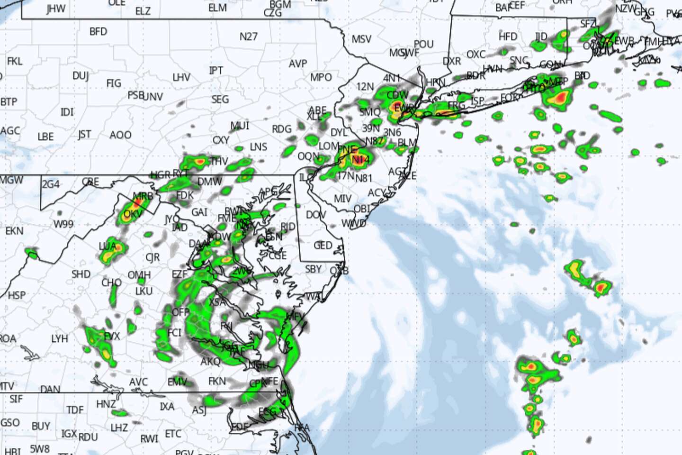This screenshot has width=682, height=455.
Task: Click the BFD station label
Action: (x=98, y=32)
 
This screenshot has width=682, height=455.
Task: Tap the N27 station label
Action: (x=249, y=36)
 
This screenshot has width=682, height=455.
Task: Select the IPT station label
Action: (x=216, y=71)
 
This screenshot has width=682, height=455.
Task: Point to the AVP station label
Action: (x=298, y=64)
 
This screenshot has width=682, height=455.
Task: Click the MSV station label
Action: (x=361, y=39)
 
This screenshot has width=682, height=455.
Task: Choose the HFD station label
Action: (x=508, y=36)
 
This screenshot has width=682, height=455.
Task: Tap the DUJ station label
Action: (x=81, y=76)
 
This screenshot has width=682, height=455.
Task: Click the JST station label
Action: (x=84, y=135)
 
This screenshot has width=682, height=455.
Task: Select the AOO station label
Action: (x=120, y=136)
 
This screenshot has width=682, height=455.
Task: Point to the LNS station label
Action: (x=259, y=147)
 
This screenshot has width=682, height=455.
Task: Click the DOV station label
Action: (x=316, y=215)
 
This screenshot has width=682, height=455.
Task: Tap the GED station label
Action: (x=323, y=246)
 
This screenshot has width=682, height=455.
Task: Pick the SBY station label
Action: (x=313, y=269)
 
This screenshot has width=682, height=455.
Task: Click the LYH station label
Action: (x=60, y=339)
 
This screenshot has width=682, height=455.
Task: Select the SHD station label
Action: (x=81, y=274)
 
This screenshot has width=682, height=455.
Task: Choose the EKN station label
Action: (x=14, y=231)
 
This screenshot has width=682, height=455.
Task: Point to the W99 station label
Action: (x=63, y=224)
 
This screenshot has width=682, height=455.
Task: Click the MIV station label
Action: (x=342, y=199)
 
